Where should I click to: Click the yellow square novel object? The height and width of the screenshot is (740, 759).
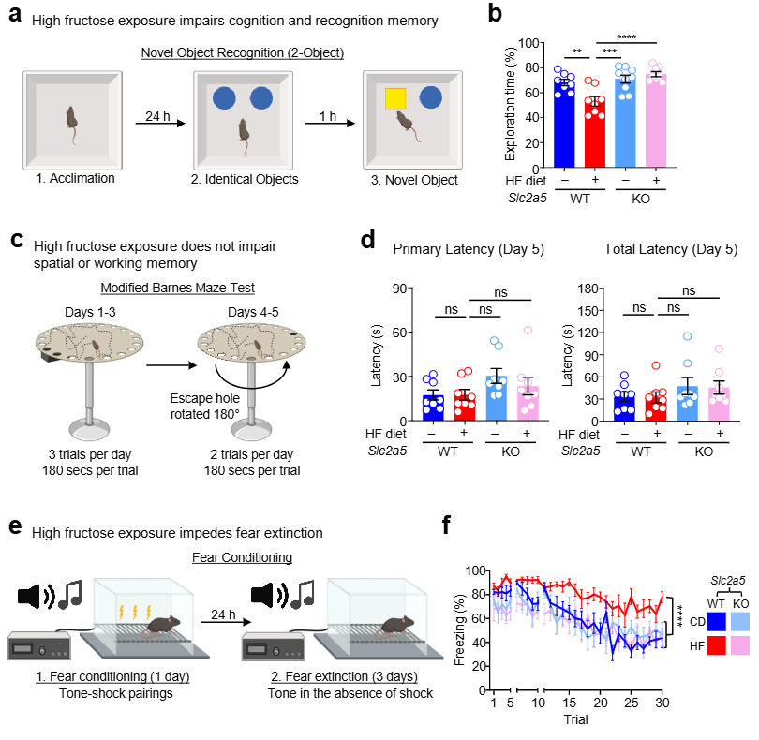(x=394, y=96)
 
